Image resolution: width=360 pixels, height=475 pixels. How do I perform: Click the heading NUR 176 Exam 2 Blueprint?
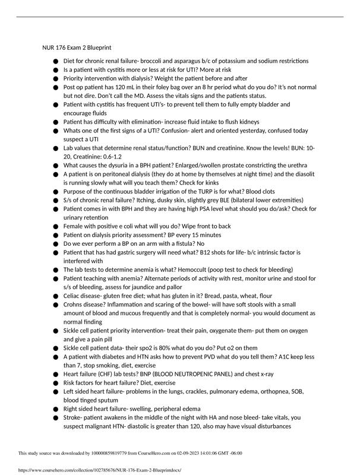pyautogui.click(x=76, y=47)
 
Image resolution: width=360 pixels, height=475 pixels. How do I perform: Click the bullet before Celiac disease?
pyautogui.click(x=56, y=296)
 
